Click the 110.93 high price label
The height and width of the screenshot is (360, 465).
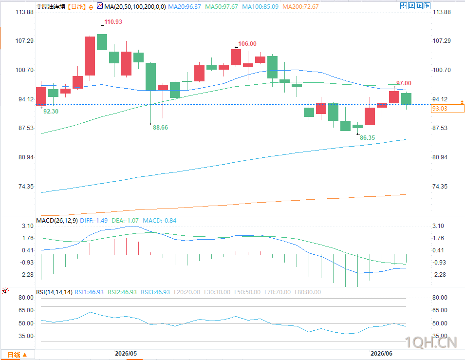pos(113,21)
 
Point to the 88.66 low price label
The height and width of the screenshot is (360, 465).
pos(160,127)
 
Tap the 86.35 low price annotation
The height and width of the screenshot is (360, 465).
pos(367,138)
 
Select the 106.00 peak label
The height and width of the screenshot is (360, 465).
pos(247,44)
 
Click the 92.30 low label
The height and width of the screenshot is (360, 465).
pos(51,111)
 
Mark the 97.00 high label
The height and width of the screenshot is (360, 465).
pos(404,83)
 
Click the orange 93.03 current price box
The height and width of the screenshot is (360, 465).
pos(447,109)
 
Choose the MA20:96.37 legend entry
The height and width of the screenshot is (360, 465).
pos(185,6)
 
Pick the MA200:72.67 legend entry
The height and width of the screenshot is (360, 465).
pos(300,6)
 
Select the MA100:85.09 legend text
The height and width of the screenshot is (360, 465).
pos(260,6)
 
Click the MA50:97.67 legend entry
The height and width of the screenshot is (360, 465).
pos(221,6)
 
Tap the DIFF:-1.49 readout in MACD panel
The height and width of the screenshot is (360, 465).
pos(93,221)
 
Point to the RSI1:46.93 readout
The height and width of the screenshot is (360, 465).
pos(89,292)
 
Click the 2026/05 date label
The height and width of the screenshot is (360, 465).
pos(126,354)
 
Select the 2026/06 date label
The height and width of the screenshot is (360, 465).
pos(381,354)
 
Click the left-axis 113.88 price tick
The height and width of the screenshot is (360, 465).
pos(24,12)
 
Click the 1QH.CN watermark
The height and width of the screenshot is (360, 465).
pos(431,342)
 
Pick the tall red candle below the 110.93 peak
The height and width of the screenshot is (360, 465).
pos(90,56)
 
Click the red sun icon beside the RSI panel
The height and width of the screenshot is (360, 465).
pos(5,291)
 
